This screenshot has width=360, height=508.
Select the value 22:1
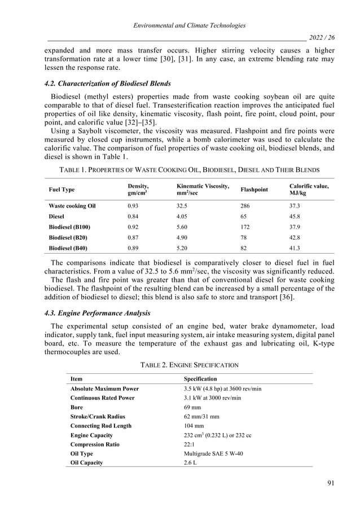(191, 444)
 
